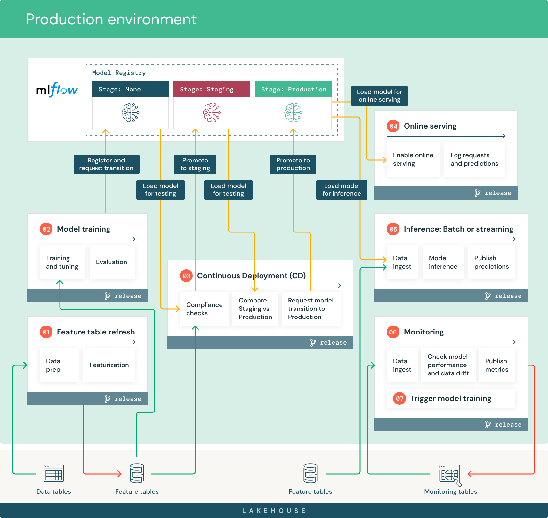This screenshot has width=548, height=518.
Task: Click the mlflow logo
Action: click(x=57, y=90)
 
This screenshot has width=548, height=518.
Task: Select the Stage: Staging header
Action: click(x=212, y=89)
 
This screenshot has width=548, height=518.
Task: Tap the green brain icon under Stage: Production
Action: click(x=293, y=113)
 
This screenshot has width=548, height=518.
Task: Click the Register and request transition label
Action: click(x=106, y=164)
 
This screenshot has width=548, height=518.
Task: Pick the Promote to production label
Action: click(x=293, y=164)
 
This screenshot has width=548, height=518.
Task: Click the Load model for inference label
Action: click(x=342, y=190)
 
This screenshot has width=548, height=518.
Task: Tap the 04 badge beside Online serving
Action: click(x=393, y=126)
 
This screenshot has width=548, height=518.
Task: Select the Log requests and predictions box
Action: click(x=474, y=159)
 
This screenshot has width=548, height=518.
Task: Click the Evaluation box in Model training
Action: click(x=112, y=262)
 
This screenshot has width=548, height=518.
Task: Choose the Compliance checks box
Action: click(x=204, y=309)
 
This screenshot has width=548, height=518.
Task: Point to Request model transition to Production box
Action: click(x=310, y=309)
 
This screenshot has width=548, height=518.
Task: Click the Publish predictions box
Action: click(x=491, y=262)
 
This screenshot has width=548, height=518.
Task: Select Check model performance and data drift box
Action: click(x=448, y=365)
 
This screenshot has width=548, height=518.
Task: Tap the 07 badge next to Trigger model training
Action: click(x=399, y=399)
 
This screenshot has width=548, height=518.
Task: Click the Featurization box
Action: click(x=109, y=365)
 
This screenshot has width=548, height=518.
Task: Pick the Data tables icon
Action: click(x=54, y=473)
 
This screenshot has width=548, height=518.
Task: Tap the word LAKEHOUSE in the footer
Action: click(x=274, y=511)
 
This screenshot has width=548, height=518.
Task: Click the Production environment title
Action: click(x=111, y=19)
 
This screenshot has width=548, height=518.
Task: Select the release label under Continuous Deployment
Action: click(x=333, y=343)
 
